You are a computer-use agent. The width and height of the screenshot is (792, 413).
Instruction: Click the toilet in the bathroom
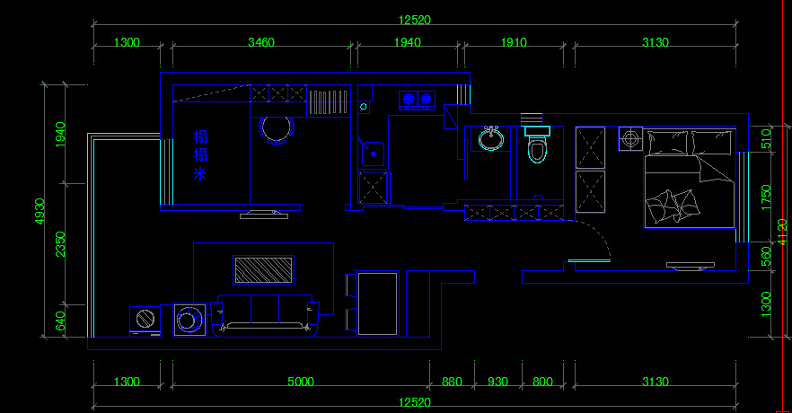tap(537, 146)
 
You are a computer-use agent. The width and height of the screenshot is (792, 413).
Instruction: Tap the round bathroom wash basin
tap(490, 139)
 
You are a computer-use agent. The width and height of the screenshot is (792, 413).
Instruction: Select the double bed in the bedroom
tap(689, 180)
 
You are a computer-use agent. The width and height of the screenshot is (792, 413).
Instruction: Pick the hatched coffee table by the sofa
tap(264, 269)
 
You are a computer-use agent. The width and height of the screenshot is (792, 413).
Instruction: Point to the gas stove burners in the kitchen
tap(418, 99)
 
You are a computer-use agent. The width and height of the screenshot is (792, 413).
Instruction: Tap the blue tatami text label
tap(200, 155)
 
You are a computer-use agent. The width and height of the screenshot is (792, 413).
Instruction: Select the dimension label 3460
tap(261, 42)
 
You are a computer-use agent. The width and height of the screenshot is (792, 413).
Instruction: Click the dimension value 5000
tap(301, 382)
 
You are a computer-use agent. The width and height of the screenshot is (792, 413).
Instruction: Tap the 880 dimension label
tap(452, 382)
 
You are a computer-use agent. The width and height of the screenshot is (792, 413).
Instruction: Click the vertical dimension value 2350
tap(61, 244)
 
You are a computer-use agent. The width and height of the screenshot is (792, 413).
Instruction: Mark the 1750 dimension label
tap(766, 197)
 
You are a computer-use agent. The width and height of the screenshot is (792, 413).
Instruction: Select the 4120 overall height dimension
tap(783, 231)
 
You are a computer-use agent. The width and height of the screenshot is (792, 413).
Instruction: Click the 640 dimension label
tap(61, 321)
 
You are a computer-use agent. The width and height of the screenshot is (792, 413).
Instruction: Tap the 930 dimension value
tap(497, 382)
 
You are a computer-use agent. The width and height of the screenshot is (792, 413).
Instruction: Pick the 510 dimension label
tap(766, 139)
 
